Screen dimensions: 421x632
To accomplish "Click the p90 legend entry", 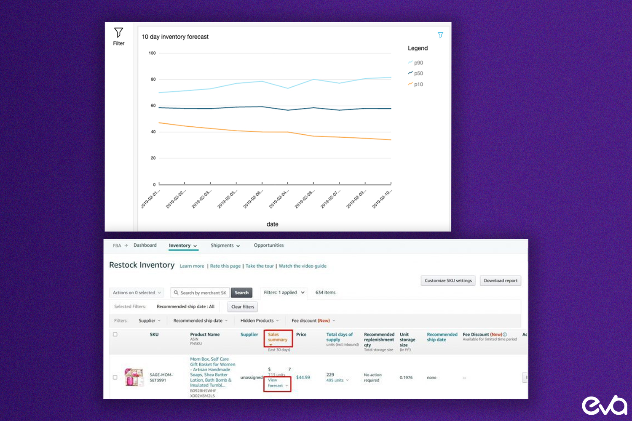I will click(x=416, y=63).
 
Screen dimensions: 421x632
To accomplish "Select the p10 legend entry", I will click(x=416, y=84).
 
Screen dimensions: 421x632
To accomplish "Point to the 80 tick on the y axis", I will click(x=153, y=79).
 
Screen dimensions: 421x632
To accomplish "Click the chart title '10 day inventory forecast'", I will click(x=175, y=37).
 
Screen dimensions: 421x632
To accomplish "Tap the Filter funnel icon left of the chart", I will click(x=118, y=33).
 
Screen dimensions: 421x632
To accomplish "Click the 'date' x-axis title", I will click(x=272, y=224).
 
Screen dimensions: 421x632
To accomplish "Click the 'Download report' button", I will click(x=500, y=281).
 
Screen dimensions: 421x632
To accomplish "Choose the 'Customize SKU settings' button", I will click(x=448, y=281).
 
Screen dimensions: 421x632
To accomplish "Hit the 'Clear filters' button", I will click(x=243, y=307).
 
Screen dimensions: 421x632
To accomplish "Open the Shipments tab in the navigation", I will click(x=225, y=245).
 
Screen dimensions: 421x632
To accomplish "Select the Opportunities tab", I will click(x=268, y=245).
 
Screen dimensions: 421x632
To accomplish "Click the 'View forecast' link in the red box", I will click(x=276, y=383).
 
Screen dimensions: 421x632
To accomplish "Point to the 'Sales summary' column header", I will click(x=278, y=337).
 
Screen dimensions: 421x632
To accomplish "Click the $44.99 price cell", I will click(x=303, y=378).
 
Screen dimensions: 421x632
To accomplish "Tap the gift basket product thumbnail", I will click(x=134, y=377).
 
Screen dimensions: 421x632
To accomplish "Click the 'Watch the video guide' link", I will click(x=303, y=266).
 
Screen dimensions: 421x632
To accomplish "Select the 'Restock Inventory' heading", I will click(x=142, y=265).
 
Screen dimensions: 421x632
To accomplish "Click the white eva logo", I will click(x=604, y=405).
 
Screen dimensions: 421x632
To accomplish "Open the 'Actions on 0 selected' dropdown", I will click(x=137, y=293).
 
